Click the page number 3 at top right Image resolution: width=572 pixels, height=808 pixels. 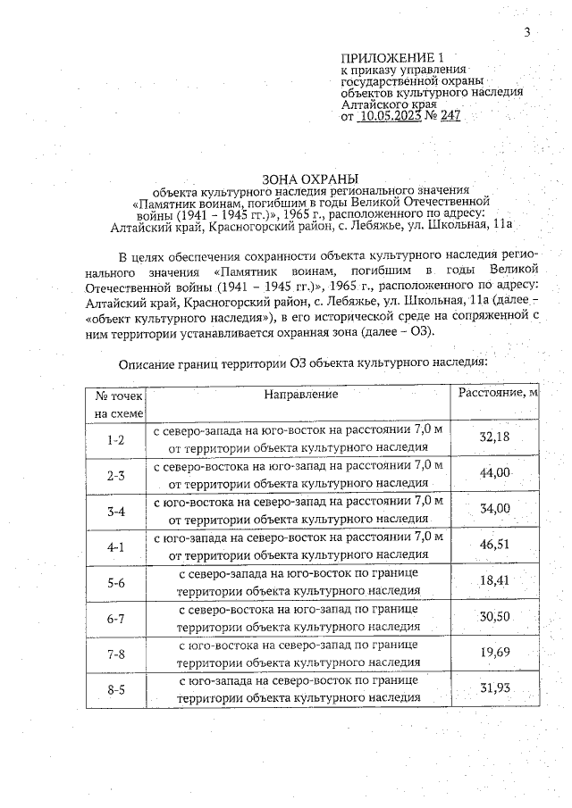527,33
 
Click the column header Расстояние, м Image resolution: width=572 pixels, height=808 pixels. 499,394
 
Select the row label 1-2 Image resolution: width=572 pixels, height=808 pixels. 115,439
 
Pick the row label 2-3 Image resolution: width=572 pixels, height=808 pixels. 115,475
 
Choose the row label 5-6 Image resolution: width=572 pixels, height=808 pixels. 115,583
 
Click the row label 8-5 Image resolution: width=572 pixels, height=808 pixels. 115,690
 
